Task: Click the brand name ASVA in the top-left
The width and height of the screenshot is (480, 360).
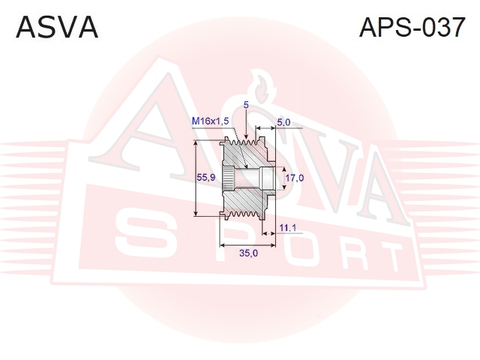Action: [57, 28]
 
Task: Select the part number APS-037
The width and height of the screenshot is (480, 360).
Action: [412, 27]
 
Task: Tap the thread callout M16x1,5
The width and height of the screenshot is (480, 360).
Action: [210, 121]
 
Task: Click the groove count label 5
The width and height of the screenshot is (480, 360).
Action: [246, 105]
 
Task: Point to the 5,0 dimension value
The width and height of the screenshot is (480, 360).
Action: [283, 122]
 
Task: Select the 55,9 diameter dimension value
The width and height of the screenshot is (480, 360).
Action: [206, 177]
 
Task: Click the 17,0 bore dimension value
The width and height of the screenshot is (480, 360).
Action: [295, 178]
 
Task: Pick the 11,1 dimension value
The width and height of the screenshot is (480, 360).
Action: [287, 228]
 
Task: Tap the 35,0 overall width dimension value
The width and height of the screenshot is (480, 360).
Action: [248, 253]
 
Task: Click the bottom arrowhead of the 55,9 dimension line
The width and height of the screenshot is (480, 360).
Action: [196, 212]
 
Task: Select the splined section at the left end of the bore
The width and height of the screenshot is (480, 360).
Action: [226, 178]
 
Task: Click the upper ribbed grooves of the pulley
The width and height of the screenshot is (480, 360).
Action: [244, 142]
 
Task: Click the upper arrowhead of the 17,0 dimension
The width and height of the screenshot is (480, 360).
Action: [283, 170]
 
